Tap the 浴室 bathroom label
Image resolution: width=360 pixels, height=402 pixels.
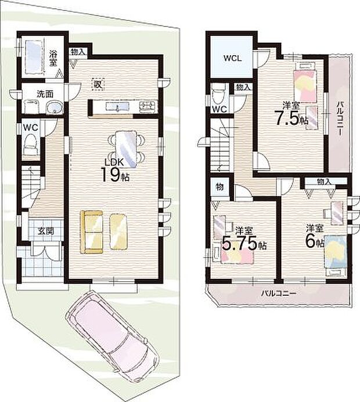pos(53,58)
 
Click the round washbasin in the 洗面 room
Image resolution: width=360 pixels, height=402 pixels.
pos(55,107)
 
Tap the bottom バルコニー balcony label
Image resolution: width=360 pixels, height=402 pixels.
pos(279,294)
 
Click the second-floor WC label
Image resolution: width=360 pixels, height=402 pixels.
pos(219,108)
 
